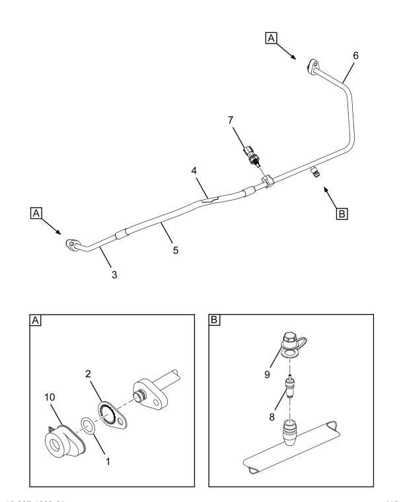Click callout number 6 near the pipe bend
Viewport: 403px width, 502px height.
[x=355, y=55]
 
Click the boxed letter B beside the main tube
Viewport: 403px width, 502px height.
[x=342, y=214]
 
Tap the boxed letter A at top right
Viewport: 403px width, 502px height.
[x=269, y=39]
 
